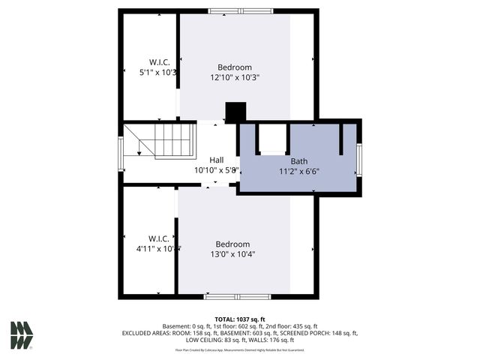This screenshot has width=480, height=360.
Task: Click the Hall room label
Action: point(216,160)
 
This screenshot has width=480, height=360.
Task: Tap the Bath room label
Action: point(298,161)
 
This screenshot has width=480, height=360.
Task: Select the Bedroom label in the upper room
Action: point(235,67)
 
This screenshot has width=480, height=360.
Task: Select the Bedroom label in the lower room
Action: point(232,244)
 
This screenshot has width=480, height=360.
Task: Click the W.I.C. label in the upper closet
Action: point(158,62)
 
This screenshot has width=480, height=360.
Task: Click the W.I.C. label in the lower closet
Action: point(157,238)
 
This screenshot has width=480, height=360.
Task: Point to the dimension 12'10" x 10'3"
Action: point(235,77)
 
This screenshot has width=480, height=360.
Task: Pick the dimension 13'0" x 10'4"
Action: point(232,254)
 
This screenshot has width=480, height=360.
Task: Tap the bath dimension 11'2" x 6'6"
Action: point(299,171)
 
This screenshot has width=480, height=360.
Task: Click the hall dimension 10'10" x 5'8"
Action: point(216,170)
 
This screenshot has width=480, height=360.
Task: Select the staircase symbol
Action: point(160,140)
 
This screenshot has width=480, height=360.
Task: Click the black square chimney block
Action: point(235,112)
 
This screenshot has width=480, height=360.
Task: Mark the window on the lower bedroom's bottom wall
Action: point(227,297)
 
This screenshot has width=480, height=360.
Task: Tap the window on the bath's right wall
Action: point(359,159)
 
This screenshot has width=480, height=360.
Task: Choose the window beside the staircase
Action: point(121,153)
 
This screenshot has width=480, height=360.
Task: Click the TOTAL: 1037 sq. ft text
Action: point(240,319)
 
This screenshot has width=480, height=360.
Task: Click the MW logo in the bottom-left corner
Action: point(21,334)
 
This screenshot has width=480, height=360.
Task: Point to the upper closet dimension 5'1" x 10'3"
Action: point(158,73)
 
